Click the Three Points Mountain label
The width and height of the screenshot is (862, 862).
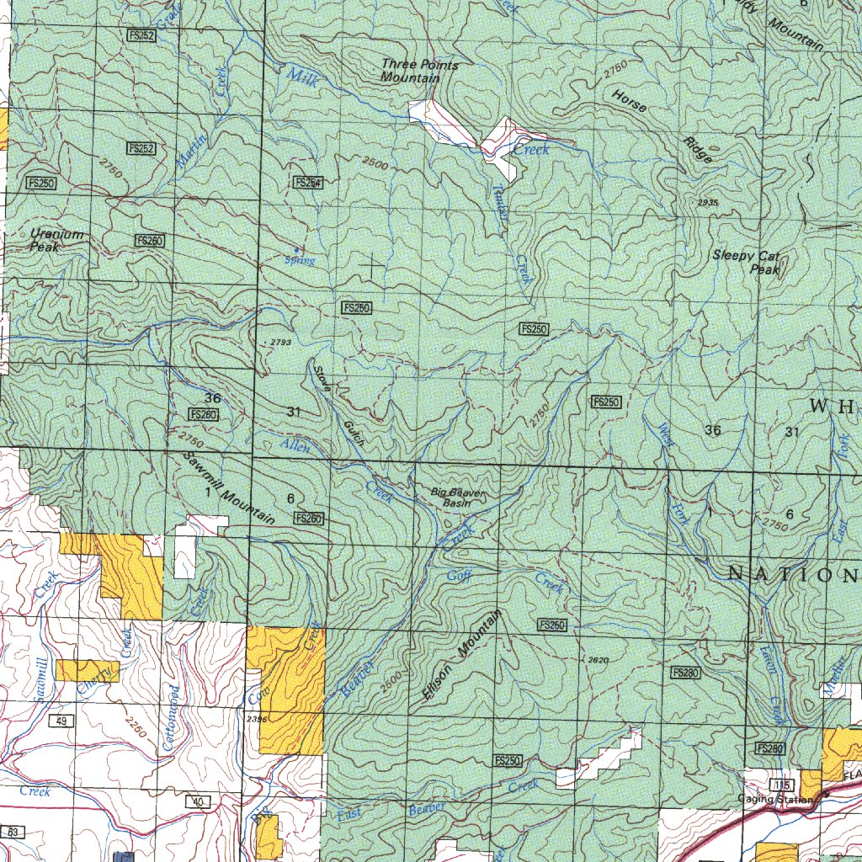410,71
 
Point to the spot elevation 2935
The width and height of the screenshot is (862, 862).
708,203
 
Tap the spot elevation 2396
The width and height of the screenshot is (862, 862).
257,719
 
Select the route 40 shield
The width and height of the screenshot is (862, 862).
197,802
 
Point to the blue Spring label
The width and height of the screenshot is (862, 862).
300,261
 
